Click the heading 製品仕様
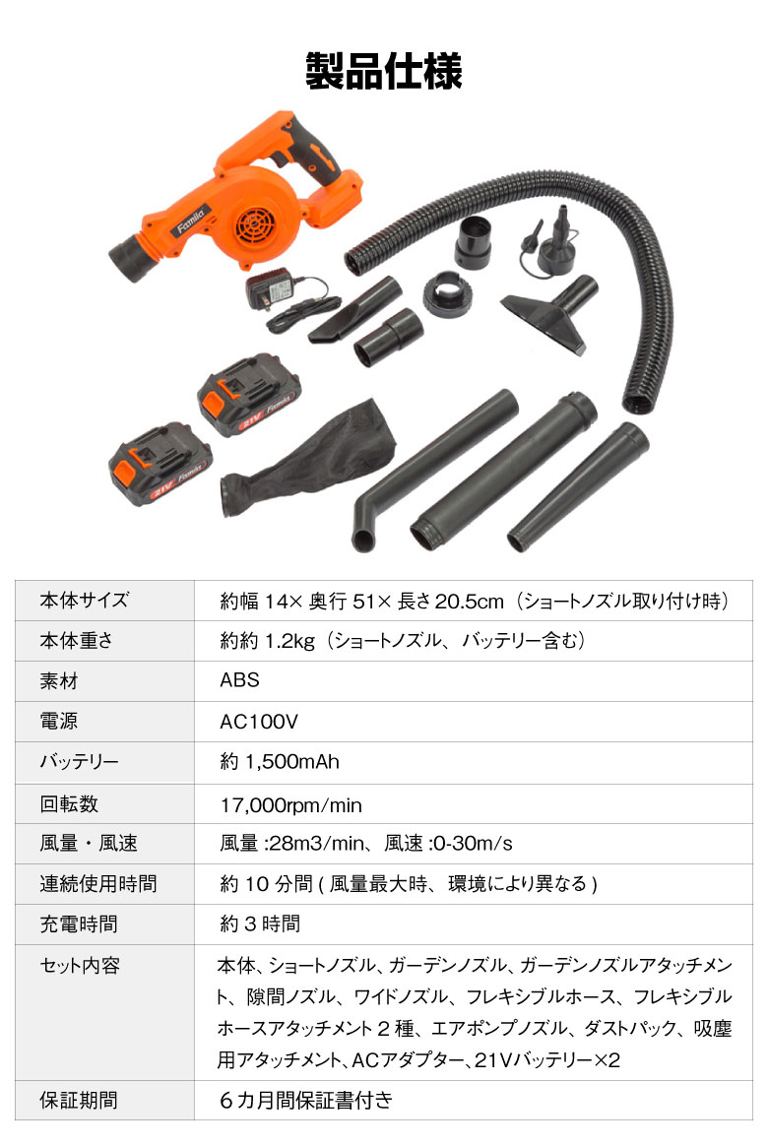pyautogui.click(x=384, y=71)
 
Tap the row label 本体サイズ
pyautogui.click(x=85, y=600)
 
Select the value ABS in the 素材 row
pyautogui.click(x=239, y=680)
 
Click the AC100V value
pyautogui.click(x=259, y=722)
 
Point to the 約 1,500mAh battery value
pyautogui.click(x=280, y=762)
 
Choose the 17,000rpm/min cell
pyautogui.click(x=290, y=805)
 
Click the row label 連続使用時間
pyautogui.click(x=97, y=883)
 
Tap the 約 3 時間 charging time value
pyautogui.click(x=260, y=923)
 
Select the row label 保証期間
pyautogui.click(x=79, y=1100)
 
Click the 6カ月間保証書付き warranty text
pyautogui.click(x=306, y=1100)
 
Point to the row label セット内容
pyautogui.click(x=80, y=966)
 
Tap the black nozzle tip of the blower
pyautogui.click(x=132, y=259)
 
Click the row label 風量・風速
pyautogui.click(x=89, y=844)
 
